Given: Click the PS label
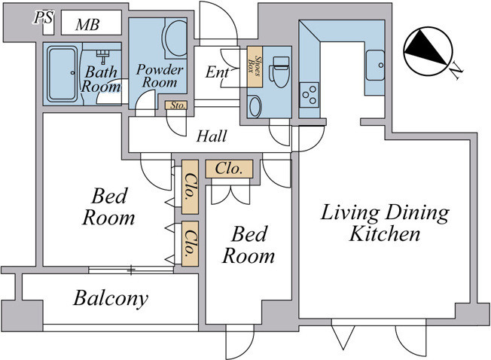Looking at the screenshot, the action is [44, 17].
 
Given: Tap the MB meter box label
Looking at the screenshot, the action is [87, 24].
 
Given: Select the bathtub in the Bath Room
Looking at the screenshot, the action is [63, 74].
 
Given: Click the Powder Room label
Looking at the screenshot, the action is [160, 76].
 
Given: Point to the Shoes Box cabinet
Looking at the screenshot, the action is [255, 67].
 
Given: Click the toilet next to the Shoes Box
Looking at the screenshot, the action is [279, 72].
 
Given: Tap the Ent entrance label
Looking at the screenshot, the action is [217, 72].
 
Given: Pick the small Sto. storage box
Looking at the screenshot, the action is [176, 105].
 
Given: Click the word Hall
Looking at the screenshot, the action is [212, 136].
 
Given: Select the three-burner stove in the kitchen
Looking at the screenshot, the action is [309, 95].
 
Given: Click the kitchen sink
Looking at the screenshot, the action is [376, 65].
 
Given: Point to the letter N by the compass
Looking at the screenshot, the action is [456, 72].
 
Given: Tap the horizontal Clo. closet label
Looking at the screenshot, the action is [229, 169].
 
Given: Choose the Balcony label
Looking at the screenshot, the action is [111, 298].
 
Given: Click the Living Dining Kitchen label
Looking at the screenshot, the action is [385, 223].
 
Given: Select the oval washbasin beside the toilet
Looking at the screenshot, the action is [255, 106].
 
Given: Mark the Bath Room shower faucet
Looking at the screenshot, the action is [102, 56].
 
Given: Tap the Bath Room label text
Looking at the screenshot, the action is [101, 79].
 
